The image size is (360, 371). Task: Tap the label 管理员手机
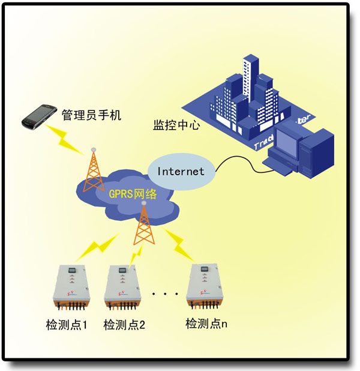(91, 114)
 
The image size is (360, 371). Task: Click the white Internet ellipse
(181, 171)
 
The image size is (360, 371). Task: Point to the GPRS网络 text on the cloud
(133, 194)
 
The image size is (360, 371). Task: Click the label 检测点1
(67, 325)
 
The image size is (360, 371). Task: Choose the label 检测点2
(124, 325)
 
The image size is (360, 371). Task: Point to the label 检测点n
(206, 324)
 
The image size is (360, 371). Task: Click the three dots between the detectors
(165, 294)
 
